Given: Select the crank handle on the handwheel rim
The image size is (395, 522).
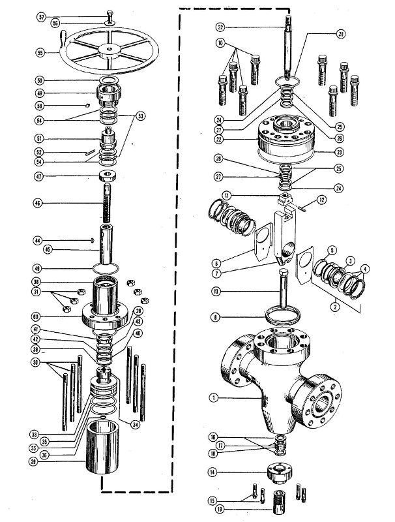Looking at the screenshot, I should [64, 43].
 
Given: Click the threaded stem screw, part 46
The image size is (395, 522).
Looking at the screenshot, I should [108, 202].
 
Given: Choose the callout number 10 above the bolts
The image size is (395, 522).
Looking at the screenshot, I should [221, 44].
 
